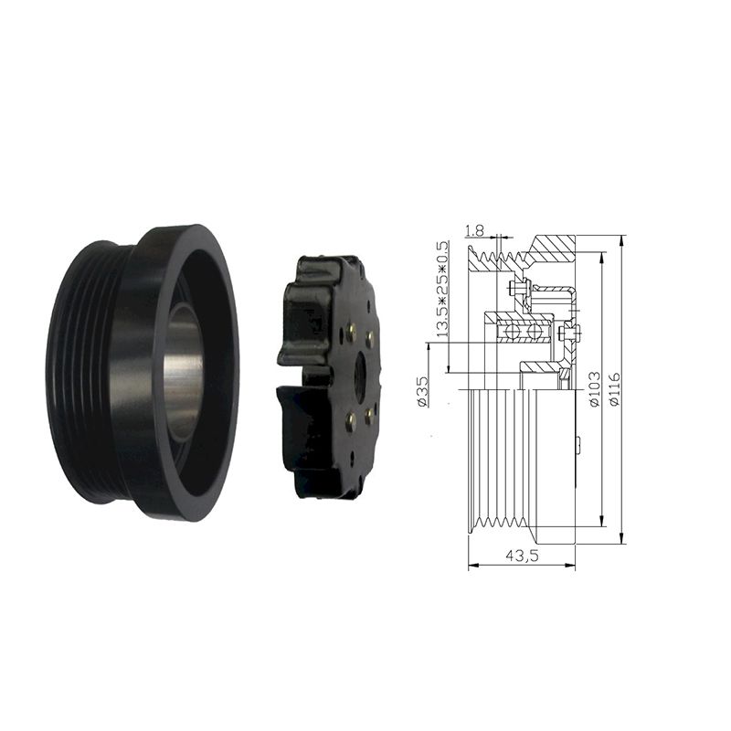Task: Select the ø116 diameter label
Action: [x=615, y=389]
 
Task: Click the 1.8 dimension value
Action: [x=474, y=230]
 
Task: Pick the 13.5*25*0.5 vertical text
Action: [x=441, y=289]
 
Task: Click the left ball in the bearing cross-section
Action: [x=511, y=333]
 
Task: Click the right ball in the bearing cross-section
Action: [x=535, y=333]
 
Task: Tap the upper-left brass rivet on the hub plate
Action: [x=352, y=331]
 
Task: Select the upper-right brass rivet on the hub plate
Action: [x=370, y=339]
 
